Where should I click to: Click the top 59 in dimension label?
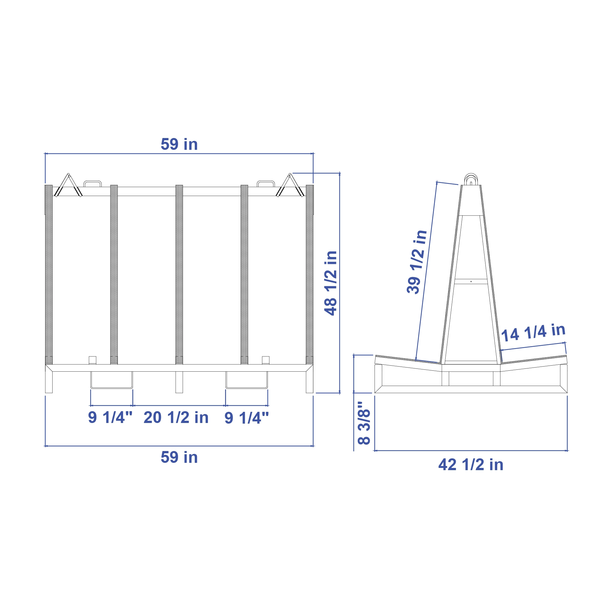(x=179, y=144)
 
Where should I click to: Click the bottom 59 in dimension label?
(x=179, y=457)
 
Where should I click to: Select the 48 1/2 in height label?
(x=331, y=283)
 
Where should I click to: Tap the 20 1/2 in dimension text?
(x=176, y=418)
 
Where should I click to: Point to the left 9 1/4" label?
(x=110, y=418)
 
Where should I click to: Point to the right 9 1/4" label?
(x=246, y=418)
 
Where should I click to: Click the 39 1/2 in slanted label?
(x=417, y=262)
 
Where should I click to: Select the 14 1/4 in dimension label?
(x=533, y=332)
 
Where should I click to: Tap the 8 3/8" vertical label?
(x=364, y=423)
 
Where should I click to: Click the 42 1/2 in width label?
(x=471, y=465)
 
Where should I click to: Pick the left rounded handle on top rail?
(x=92, y=184)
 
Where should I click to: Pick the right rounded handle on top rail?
(x=266, y=184)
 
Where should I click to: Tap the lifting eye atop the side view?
(x=471, y=179)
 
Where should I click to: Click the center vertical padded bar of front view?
(x=179, y=274)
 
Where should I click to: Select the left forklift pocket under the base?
(x=112, y=380)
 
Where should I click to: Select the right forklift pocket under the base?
(x=246, y=380)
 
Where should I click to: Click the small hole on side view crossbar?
(x=471, y=281)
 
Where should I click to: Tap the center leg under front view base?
(x=179, y=382)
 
